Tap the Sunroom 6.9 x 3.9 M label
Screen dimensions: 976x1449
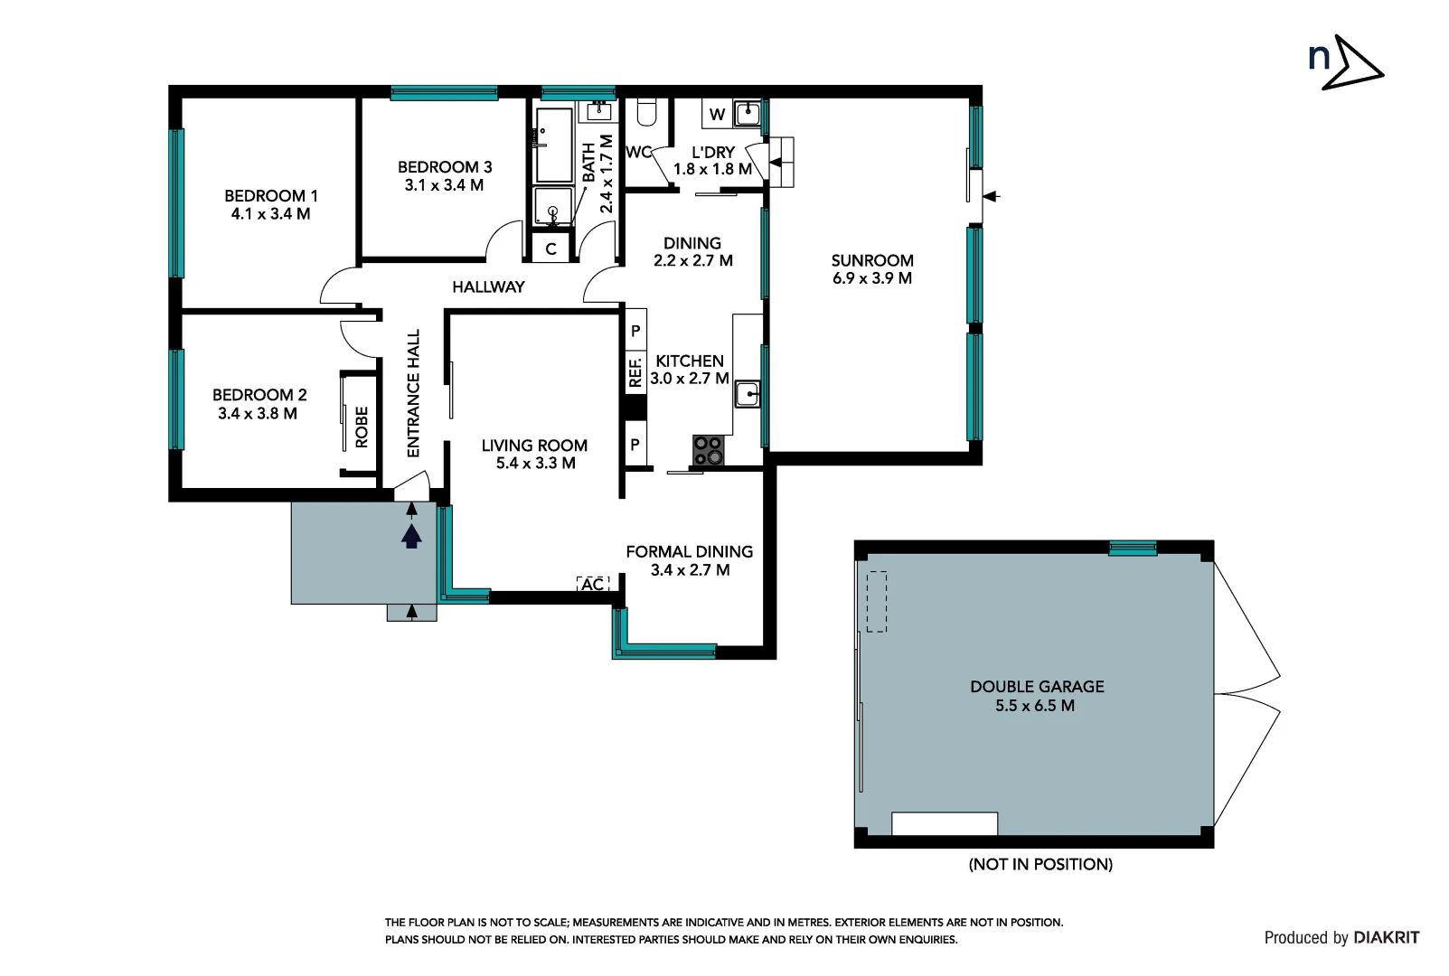click(x=872, y=269)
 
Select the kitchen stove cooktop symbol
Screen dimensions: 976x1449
click(x=707, y=450)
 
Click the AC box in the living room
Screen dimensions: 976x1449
click(x=593, y=585)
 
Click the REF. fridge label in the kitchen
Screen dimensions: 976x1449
click(x=635, y=371)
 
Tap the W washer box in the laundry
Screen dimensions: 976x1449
click(x=717, y=114)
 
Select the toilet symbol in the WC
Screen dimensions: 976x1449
click(x=645, y=111)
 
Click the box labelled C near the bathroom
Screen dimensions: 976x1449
click(x=550, y=249)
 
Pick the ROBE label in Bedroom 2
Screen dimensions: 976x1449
click(x=362, y=427)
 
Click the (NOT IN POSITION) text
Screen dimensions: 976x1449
click(x=1040, y=865)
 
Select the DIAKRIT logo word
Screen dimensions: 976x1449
click(x=1387, y=938)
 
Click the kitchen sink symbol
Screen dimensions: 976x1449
click(x=747, y=394)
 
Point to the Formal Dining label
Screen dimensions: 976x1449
click(x=689, y=551)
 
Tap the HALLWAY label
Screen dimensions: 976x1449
click(x=488, y=286)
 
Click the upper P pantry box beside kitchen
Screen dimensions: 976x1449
click(x=635, y=331)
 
